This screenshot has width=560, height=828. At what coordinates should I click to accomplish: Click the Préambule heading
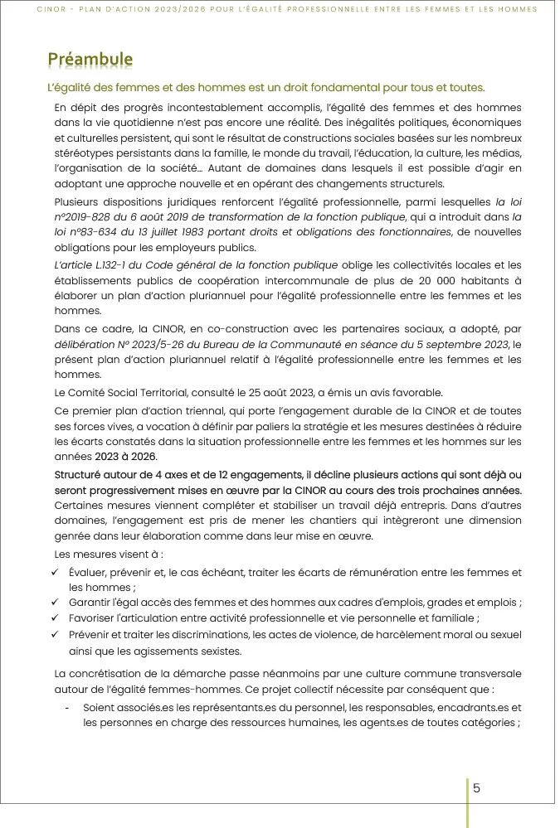point(90,59)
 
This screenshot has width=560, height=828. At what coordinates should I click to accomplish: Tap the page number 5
point(476,788)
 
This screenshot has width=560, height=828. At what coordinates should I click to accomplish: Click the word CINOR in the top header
point(53,9)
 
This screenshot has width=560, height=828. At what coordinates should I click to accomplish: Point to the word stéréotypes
point(81,153)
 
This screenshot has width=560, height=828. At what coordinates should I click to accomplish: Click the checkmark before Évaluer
point(54,573)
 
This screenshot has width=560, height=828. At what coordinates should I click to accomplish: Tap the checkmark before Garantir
point(54,603)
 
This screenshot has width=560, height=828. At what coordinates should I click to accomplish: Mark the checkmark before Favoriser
point(54,618)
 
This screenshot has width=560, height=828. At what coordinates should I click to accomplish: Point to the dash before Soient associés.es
point(66,708)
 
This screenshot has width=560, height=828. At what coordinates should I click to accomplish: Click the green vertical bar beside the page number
point(467,801)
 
